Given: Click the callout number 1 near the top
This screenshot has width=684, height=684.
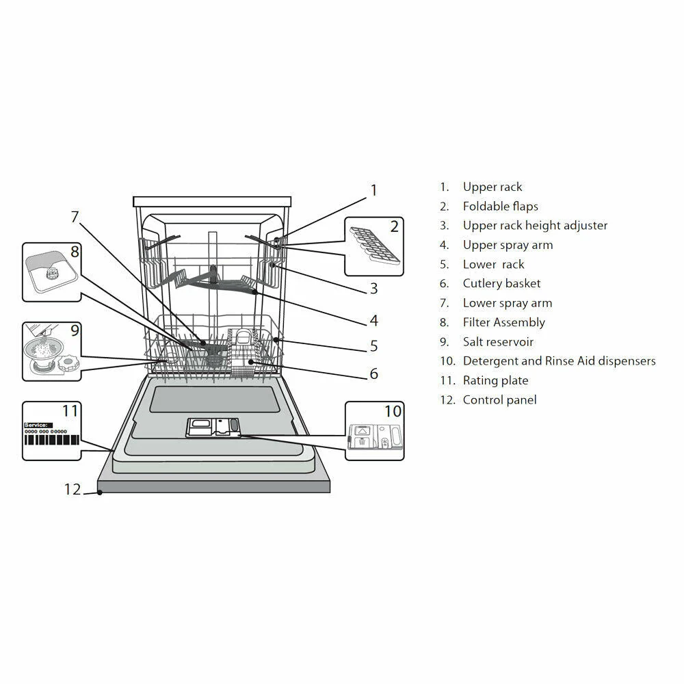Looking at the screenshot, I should point(373,190).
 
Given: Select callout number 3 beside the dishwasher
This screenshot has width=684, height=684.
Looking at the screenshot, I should point(373,289).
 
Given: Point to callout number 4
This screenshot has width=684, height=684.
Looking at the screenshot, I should point(373,320).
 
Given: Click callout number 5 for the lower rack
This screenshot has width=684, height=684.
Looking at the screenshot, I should point(373,346).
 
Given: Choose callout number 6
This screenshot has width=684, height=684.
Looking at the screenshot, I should point(373,373).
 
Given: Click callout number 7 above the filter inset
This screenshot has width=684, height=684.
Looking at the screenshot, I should point(75,217).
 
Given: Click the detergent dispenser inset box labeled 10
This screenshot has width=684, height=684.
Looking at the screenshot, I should point(374,431).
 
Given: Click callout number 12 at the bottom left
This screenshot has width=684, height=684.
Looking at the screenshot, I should point(73,489).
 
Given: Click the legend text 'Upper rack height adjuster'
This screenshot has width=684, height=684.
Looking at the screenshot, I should point(535,226).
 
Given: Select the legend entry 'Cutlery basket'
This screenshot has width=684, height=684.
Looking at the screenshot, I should point(501,284).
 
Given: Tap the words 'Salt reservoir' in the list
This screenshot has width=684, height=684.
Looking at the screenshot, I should point(498,342).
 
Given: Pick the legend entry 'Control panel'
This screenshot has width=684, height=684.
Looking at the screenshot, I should point(499,400).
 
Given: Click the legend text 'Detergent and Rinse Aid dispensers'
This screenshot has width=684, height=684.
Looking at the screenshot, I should point(559,361).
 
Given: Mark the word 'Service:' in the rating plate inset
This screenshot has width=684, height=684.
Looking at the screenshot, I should point(38,425).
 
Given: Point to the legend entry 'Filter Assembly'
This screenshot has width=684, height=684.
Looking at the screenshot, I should point(503,323).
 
